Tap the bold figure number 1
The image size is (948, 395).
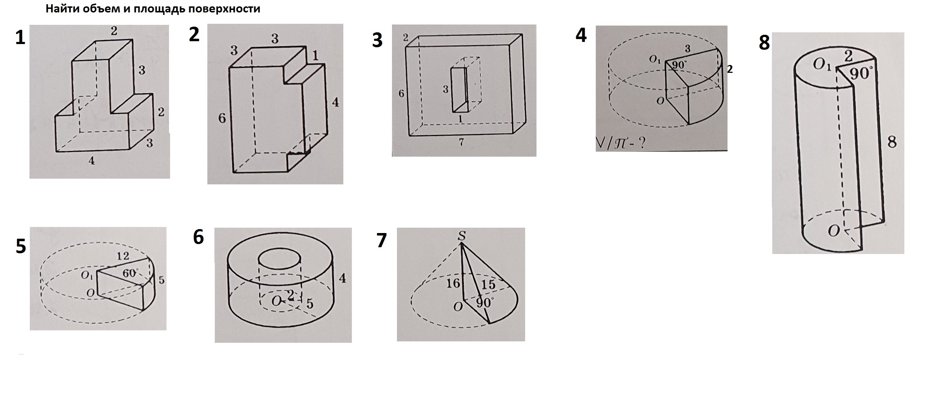[x=20, y=38]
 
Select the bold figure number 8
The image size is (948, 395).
[x=764, y=43]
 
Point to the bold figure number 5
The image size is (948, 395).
[x=21, y=246]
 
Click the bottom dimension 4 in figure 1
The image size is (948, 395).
[x=92, y=161]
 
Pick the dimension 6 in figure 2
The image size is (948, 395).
[x=222, y=118]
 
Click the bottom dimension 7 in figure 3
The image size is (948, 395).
[x=462, y=142]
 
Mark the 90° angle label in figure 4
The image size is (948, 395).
[x=679, y=65]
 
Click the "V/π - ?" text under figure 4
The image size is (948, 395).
[x=622, y=143]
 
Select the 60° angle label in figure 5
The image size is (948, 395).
[x=130, y=274]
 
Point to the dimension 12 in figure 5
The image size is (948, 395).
[x=122, y=256]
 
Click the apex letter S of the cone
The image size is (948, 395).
[x=462, y=236]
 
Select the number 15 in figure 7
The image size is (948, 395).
[x=488, y=284]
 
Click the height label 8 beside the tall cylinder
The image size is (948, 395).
[x=892, y=142]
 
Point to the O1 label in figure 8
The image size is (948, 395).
[x=821, y=65]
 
